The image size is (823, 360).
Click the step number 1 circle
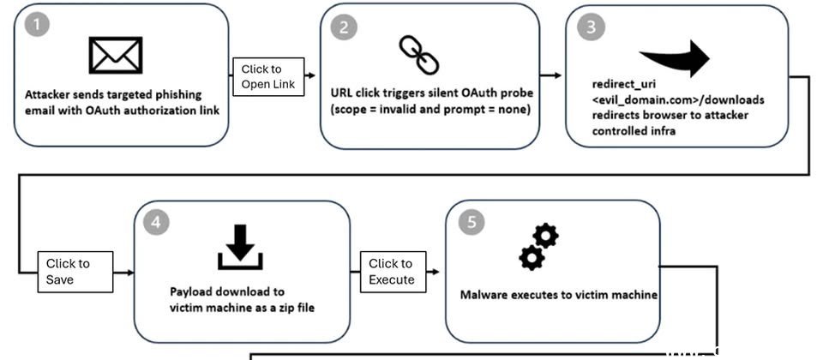point(35,25)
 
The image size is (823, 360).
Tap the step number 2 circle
point(343,26)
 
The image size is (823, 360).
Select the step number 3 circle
point(588,27)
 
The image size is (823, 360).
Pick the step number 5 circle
point(468,222)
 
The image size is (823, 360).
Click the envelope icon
point(116,54)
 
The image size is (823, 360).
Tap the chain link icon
point(419,55)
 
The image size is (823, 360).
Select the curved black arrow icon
point(675,58)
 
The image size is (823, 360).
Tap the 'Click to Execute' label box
point(392,272)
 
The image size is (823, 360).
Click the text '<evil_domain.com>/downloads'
point(678,100)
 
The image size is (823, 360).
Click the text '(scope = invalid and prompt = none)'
point(430,109)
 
